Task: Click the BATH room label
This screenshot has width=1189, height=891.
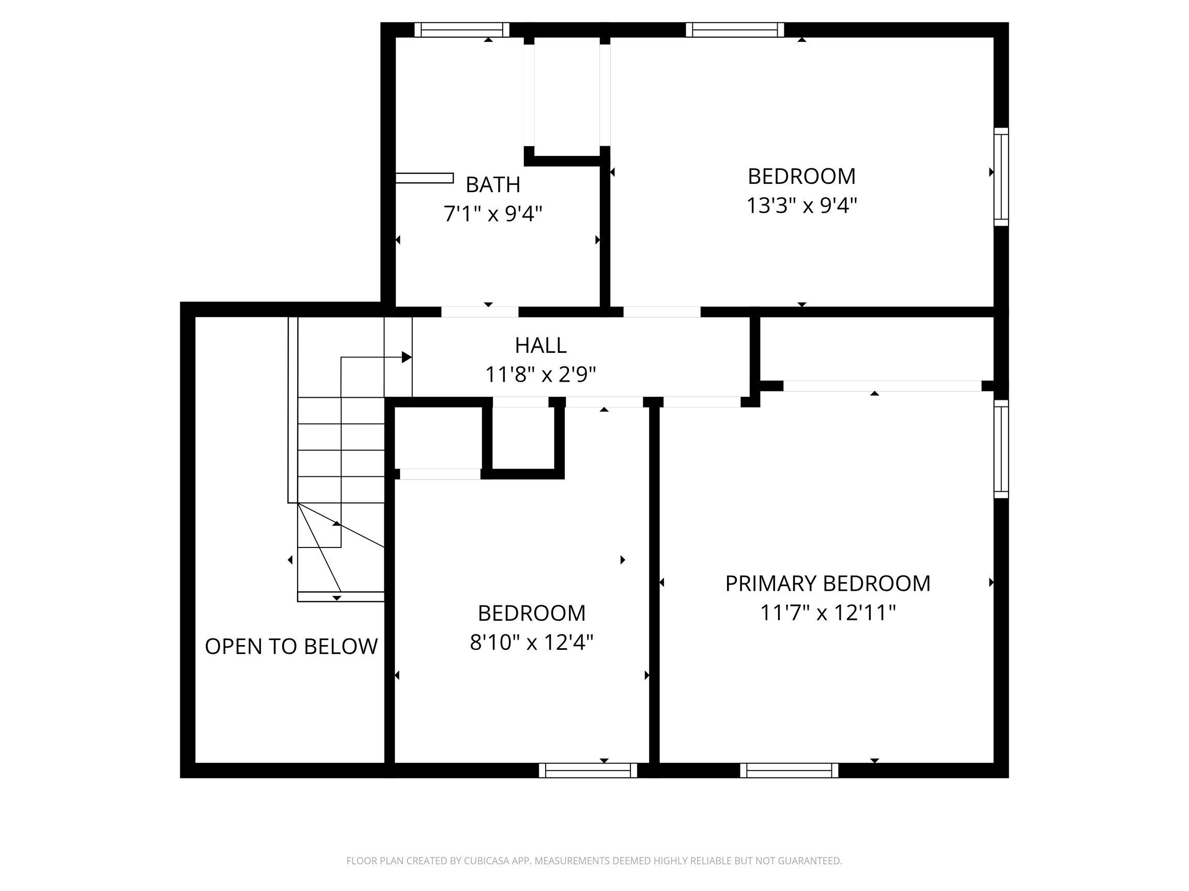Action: pos(492,185)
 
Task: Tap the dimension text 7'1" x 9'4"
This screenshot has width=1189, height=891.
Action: pos(492,214)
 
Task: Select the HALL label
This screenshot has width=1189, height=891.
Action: pos(540,346)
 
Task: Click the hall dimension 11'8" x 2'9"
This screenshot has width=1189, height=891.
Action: pos(540,374)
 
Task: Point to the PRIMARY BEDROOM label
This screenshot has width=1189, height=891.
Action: pos(827,584)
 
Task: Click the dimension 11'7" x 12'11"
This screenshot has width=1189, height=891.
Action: pos(827,613)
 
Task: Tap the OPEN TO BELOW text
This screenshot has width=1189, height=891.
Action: pos(291,647)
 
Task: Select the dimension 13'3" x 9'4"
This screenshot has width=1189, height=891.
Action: pos(801,205)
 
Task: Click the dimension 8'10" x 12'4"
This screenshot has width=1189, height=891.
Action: pos(531,642)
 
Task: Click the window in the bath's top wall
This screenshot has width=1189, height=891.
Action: pos(461,30)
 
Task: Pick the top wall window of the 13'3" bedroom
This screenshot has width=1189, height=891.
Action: pos(734,30)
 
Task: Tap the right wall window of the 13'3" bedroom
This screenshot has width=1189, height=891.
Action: pos(1000,177)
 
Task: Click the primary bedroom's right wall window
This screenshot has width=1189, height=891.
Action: pos(1000,449)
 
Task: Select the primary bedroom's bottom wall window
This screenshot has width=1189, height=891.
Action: pos(789,771)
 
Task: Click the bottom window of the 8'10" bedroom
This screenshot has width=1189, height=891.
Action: pos(588,771)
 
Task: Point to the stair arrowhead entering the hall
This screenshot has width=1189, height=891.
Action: pos(407,357)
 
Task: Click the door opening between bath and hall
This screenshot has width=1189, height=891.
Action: pos(480,311)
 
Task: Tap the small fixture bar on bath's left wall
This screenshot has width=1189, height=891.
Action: pos(424,178)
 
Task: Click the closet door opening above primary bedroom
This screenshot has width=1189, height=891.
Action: pos(882,386)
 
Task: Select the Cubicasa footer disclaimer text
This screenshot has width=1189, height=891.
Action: pos(594,861)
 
